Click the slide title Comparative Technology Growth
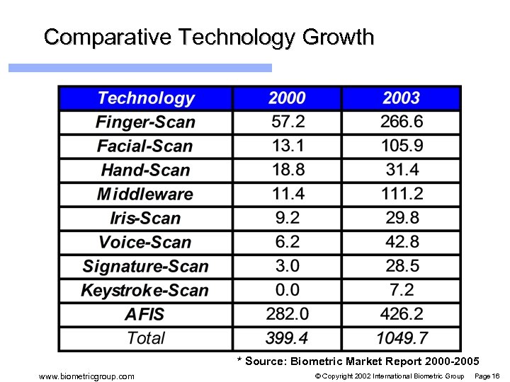pos(208,37)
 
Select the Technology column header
pos(145,98)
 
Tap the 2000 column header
pos(287,98)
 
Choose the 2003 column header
pos(402,98)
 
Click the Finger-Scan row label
pos(145,122)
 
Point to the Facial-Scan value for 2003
pos(402,146)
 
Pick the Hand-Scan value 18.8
pos(287,170)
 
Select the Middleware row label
pos(145,194)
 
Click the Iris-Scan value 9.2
pos(287,218)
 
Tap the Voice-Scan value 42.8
pos(402,242)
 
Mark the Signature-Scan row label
pos(145,266)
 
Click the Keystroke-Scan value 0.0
pos(287,290)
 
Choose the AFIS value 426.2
pos(402,314)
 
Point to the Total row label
pos(145,338)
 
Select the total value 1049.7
pos(402,338)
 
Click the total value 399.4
pos(287,338)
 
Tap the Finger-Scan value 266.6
pos(402,122)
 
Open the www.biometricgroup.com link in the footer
pos(86,376)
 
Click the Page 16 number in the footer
pos(487,376)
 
